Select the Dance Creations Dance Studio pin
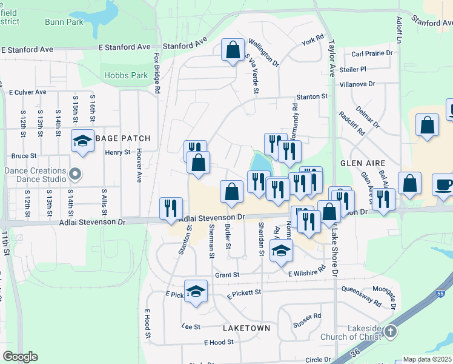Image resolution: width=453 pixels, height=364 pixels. click(75, 175)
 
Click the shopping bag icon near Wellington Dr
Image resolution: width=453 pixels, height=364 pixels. click(233, 50)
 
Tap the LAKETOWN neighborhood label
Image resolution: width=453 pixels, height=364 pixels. click(246, 328)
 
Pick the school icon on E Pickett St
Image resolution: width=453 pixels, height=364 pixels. click(196, 292)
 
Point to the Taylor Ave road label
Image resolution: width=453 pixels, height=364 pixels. click(331, 58)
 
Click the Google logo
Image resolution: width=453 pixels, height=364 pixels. click(20, 357)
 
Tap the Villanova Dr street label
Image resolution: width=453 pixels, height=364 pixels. click(357, 84)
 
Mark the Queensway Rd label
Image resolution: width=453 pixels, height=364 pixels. click(361, 297)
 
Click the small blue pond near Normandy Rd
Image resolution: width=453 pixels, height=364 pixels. click(260, 163)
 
